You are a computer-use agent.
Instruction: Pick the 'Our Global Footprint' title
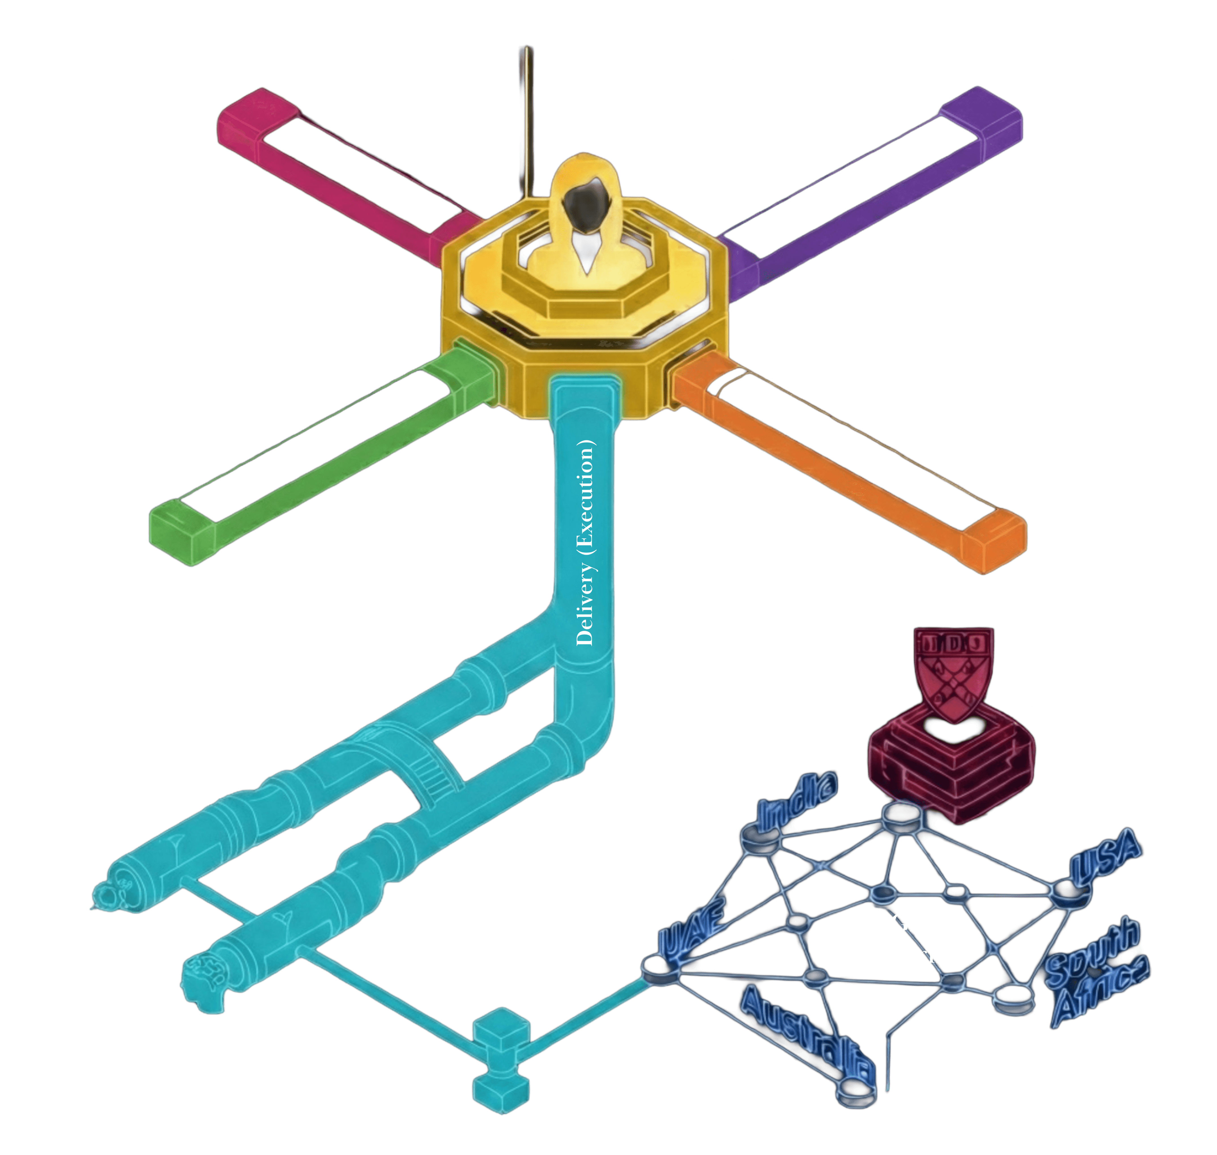pyautogui.click(x=902, y=939)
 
